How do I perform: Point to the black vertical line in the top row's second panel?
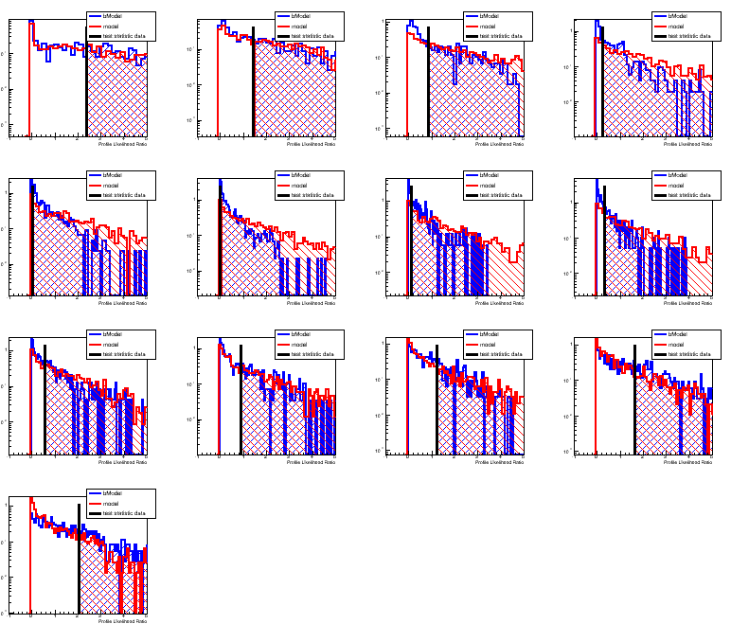coord(254,90)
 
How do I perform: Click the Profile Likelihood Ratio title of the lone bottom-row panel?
coord(123,621)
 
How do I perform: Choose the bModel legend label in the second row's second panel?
coord(301,175)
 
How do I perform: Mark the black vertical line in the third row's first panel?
coord(45,398)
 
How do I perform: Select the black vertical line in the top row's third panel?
coord(429,90)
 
